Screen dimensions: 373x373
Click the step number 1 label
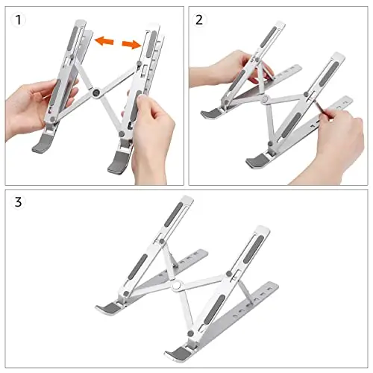click(x=18, y=20)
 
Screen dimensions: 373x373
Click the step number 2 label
click(x=199, y=20)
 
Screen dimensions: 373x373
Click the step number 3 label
click(x=18, y=202)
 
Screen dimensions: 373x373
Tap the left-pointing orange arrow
click(x=104, y=41)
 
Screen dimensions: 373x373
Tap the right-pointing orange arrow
click(x=131, y=44)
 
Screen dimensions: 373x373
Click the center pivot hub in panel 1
click(x=96, y=93)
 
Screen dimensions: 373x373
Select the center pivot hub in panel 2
click(x=266, y=99)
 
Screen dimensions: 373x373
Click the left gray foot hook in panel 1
click(x=42, y=143)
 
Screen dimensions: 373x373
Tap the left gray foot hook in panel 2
click(x=210, y=114)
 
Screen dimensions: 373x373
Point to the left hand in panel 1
click(x=37, y=107)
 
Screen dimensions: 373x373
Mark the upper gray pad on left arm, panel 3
click(x=174, y=214)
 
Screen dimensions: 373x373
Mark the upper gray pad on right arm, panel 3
click(x=254, y=249)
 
